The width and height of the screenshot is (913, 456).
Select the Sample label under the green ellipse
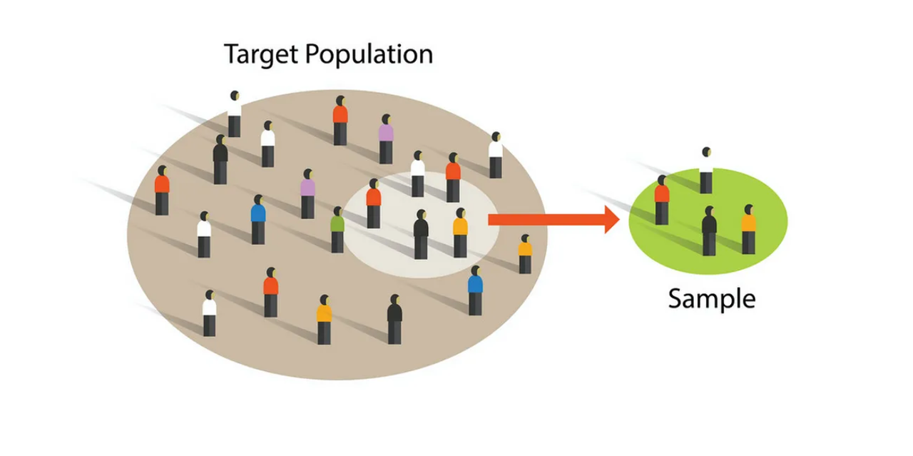pos(711,298)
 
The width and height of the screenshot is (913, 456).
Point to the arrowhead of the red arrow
pos(612,219)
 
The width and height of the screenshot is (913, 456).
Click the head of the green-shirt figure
pos(337,212)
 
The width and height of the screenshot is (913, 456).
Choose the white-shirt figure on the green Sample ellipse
pos(705,171)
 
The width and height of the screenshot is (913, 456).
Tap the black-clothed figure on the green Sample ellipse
pos(709,231)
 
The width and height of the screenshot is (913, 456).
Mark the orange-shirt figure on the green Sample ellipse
pos(748,230)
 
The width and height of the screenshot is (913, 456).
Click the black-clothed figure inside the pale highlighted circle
pos(421,235)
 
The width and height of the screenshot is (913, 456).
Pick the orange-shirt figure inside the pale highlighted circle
pos(460,233)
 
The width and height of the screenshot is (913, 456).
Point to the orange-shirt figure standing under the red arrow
pos(525,254)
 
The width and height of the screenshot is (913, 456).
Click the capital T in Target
pos(231,54)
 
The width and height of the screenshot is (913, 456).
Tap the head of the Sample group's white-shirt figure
pos(706,152)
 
